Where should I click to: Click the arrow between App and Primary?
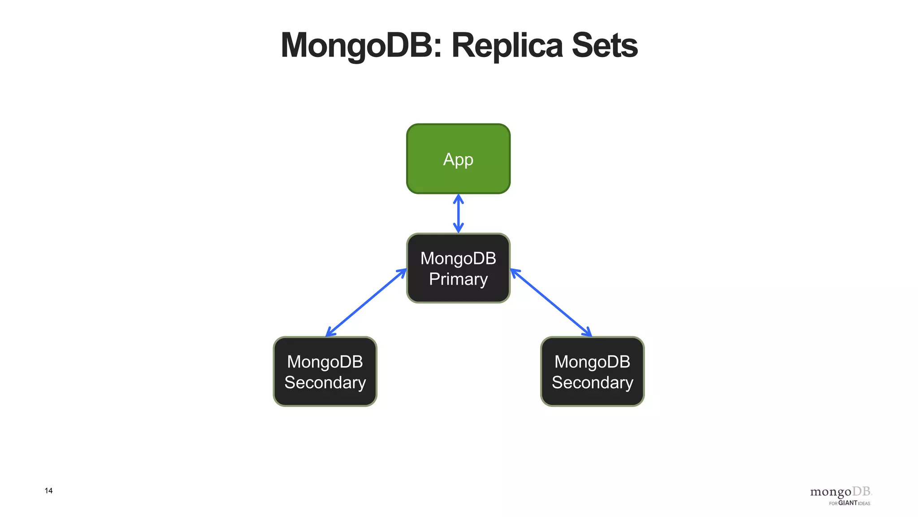(x=458, y=214)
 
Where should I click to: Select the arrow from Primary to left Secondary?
(x=366, y=302)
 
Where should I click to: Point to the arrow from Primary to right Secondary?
(x=551, y=302)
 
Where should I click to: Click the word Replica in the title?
(x=507, y=45)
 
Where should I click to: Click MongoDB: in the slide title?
(x=361, y=45)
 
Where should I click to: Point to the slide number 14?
(x=48, y=491)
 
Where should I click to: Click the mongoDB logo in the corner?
(x=840, y=492)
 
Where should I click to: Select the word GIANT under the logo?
(x=848, y=503)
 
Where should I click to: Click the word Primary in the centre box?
(x=458, y=279)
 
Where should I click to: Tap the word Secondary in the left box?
(x=325, y=382)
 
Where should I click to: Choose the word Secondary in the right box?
(x=592, y=382)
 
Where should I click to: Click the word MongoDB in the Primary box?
(x=458, y=258)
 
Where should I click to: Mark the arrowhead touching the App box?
(x=458, y=198)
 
